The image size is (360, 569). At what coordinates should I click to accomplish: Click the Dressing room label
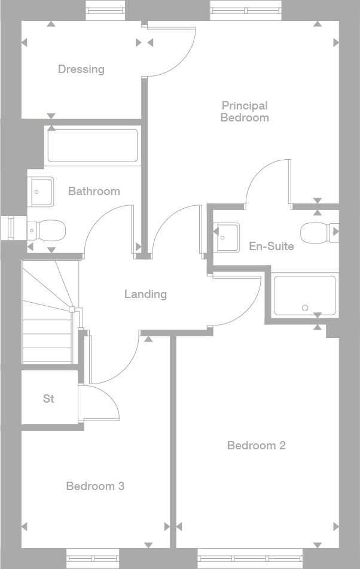pyautogui.click(x=81, y=69)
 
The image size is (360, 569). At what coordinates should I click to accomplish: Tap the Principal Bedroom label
pyautogui.click(x=244, y=112)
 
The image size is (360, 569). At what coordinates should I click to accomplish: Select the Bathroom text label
pyautogui.click(x=94, y=191)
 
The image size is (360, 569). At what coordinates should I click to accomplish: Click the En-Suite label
pyautogui.click(x=271, y=246)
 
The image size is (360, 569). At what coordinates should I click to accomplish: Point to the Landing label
pyautogui.click(x=145, y=294)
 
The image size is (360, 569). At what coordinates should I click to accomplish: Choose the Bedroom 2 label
pyautogui.click(x=256, y=446)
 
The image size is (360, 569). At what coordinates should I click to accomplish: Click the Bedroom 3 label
pyautogui.click(x=95, y=486)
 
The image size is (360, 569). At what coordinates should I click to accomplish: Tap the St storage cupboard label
pyautogui.click(x=48, y=398)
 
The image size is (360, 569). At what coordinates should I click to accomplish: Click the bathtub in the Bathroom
pyautogui.click(x=93, y=145)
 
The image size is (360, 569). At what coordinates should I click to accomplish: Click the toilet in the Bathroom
pyautogui.click(x=48, y=229)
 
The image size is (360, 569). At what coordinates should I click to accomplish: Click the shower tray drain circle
pyautogui.click(x=305, y=308)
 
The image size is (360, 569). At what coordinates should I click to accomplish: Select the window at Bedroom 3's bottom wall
pyautogui.click(x=93, y=558)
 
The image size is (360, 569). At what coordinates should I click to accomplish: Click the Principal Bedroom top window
pyautogui.click(x=246, y=10)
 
